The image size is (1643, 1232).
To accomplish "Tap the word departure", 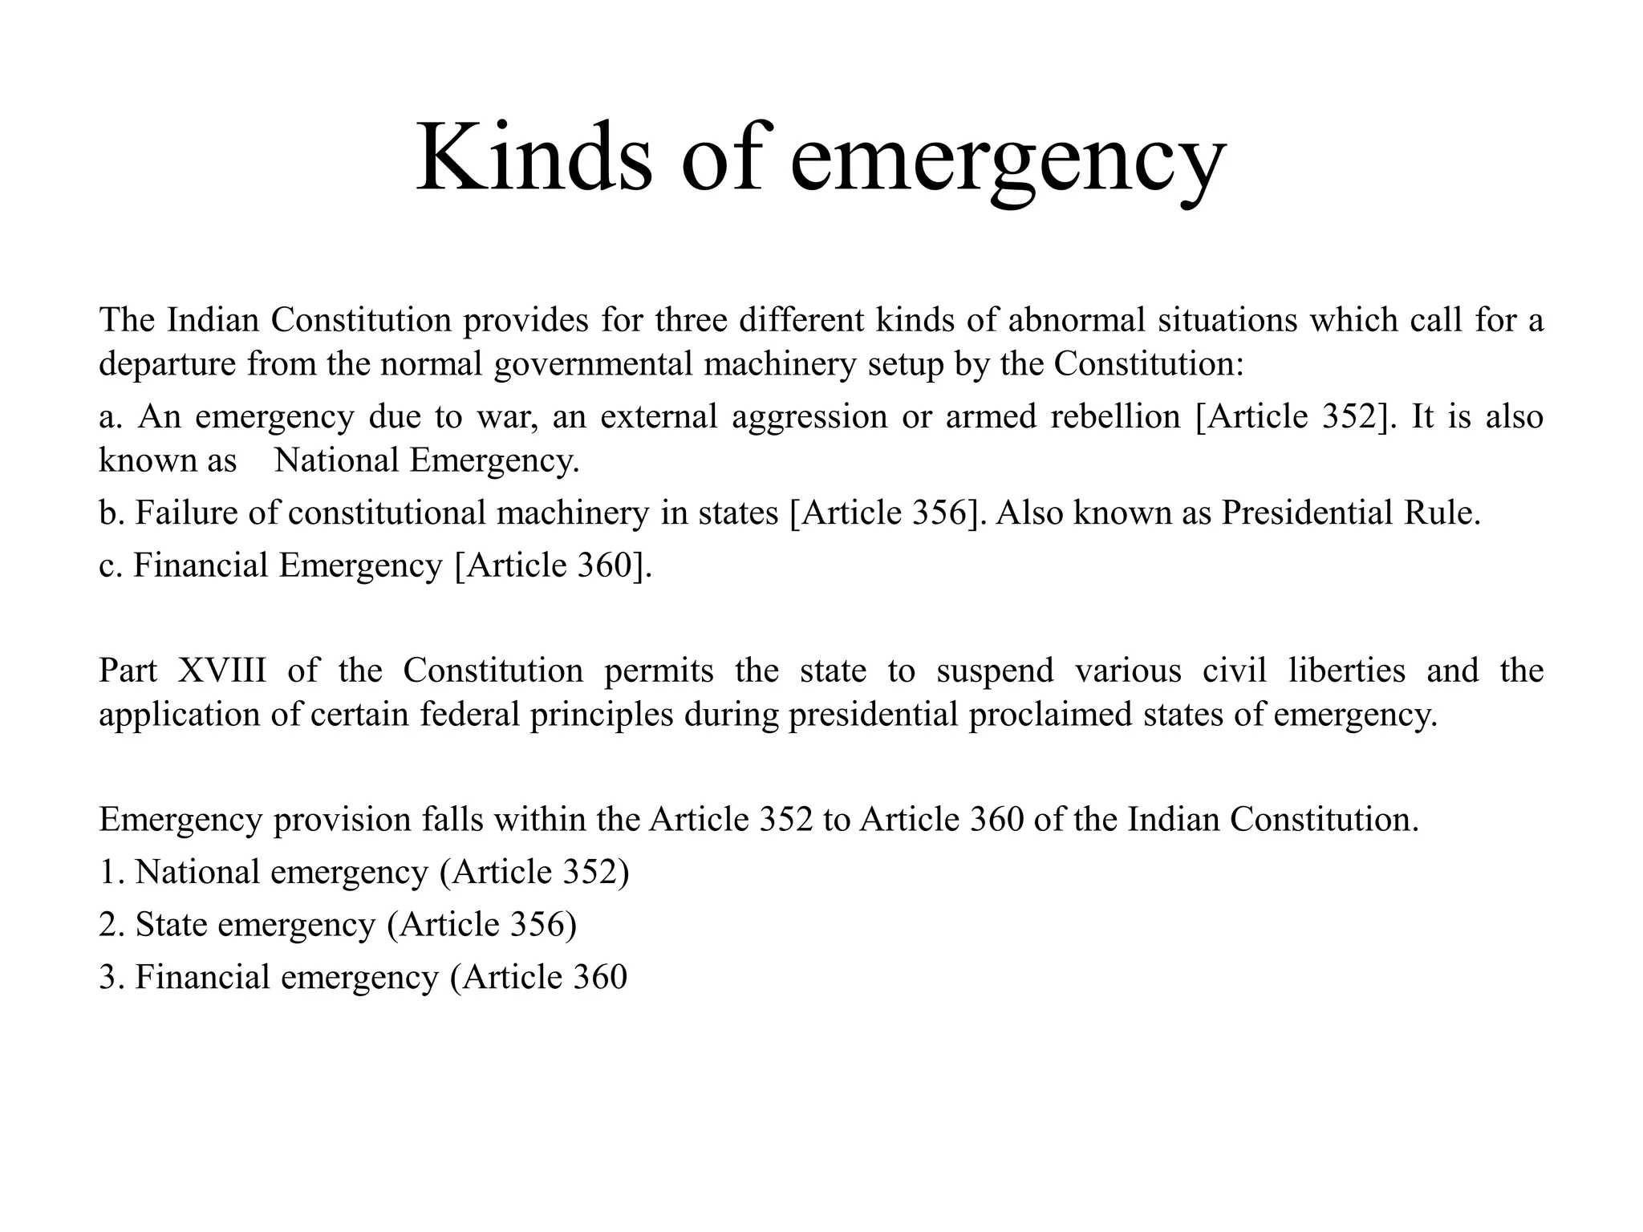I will pyautogui.click(x=167, y=364).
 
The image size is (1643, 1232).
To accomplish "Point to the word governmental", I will pyautogui.click(x=593, y=364).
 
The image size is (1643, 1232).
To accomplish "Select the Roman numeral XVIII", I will pyautogui.click(x=221, y=671).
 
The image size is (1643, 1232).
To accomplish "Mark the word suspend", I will pyautogui.click(x=995, y=671).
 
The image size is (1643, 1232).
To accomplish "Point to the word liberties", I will pyautogui.click(x=1347, y=671).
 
